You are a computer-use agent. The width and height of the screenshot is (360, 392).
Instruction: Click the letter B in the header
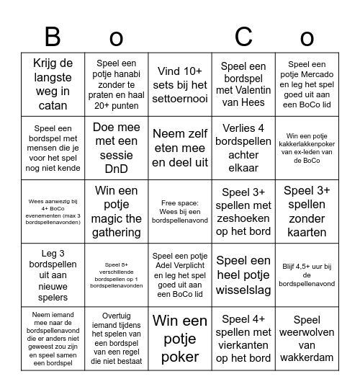[x=53, y=37]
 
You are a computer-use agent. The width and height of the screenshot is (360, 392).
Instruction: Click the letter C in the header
[x=243, y=37]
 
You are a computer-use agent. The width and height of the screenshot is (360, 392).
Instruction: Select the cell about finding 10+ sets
[x=180, y=84]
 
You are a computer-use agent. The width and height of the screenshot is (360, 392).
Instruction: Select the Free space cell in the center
[x=180, y=212]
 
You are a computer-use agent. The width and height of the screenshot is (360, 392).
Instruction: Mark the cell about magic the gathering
[x=117, y=212]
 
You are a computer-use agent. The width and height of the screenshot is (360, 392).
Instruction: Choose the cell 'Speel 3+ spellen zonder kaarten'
[x=307, y=212]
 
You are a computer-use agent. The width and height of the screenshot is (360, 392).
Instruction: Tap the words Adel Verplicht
[x=179, y=276]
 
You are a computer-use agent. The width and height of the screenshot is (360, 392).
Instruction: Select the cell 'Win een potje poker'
[x=180, y=339]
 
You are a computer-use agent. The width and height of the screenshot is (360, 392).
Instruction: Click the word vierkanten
[x=243, y=345]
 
